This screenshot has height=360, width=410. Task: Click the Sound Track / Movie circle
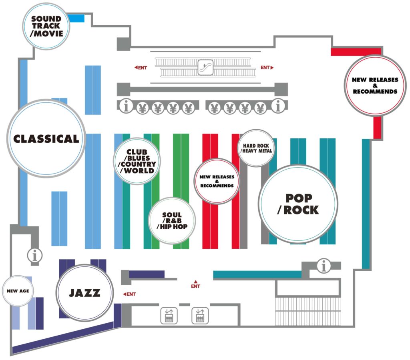46,26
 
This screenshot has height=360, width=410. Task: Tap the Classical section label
46,139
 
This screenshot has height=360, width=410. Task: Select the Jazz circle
84,293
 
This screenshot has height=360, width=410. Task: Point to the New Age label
18,291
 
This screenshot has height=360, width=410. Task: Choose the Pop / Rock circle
298,204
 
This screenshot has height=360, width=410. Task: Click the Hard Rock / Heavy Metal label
257,148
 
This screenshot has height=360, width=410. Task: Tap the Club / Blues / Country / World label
137,161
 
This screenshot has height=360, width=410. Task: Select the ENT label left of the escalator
141,68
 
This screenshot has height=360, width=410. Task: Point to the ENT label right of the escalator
267,68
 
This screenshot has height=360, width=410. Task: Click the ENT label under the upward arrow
195,286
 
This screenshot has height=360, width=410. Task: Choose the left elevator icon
169,316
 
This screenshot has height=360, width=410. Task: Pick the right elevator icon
200,316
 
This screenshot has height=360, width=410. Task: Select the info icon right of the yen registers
277,107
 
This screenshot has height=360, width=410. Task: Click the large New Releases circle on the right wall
375,86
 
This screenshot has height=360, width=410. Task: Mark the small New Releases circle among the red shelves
217,181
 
